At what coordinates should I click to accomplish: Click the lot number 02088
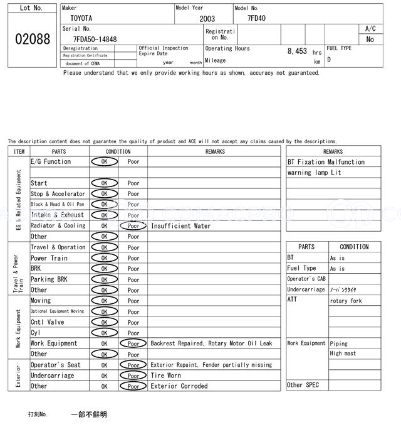[32, 39]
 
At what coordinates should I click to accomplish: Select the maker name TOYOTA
[80, 19]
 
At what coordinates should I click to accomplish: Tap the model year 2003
[207, 19]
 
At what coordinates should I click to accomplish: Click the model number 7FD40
[256, 18]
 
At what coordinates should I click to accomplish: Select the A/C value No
[370, 40]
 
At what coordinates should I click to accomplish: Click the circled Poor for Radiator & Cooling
[133, 226]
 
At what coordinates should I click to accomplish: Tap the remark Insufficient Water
[180, 226]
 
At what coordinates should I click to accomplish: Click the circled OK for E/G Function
[105, 162]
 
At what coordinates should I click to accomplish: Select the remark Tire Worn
[165, 376]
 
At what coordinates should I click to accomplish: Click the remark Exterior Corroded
[179, 386]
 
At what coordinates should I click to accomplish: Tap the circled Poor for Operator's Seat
[133, 365]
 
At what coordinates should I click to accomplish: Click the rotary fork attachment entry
[345, 301]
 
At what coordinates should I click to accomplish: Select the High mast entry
[343, 354]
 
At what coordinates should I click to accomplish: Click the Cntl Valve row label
[48, 322]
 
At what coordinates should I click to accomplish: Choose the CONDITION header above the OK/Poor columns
[118, 151]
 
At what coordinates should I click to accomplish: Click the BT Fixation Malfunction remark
[326, 162]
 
